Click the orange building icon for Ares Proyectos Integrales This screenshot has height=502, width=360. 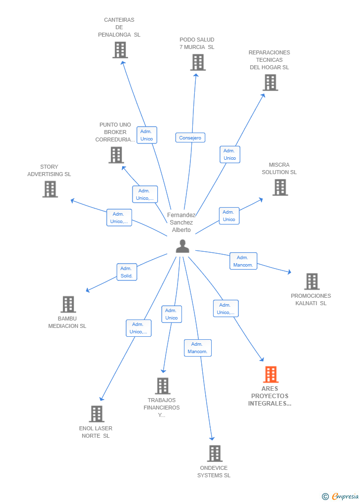[270, 374]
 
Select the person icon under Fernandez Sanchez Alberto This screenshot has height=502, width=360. [182, 246]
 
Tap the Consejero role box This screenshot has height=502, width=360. [190, 137]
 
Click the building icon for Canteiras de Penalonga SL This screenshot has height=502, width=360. [120, 50]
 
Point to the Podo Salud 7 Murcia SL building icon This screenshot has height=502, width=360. [197, 62]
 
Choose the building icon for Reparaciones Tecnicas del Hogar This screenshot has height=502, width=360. [270, 83]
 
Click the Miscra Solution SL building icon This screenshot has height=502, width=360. [280, 187]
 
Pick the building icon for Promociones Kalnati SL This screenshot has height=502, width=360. [312, 281]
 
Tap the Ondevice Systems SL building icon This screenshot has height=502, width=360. [214, 454]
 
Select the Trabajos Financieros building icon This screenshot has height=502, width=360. [162, 386]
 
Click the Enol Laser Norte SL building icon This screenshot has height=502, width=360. [96, 414]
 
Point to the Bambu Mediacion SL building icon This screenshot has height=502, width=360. [68, 304]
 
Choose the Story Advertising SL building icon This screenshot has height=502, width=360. [50, 189]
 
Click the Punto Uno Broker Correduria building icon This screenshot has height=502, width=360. [116, 155]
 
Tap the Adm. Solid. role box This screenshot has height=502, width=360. [127, 272]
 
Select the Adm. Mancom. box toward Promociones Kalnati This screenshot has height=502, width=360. [243, 261]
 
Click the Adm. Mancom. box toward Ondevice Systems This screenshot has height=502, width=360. [198, 348]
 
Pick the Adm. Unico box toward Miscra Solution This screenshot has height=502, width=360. [229, 216]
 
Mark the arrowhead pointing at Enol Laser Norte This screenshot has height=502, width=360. [101, 399]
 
